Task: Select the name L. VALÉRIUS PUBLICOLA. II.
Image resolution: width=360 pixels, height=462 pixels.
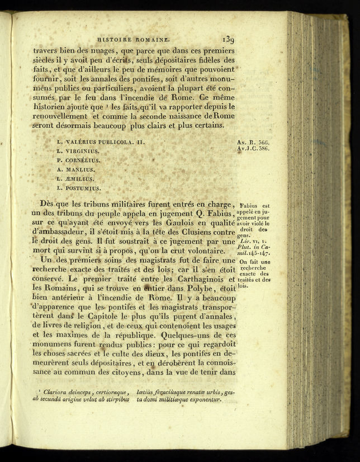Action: tap(100, 142)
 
